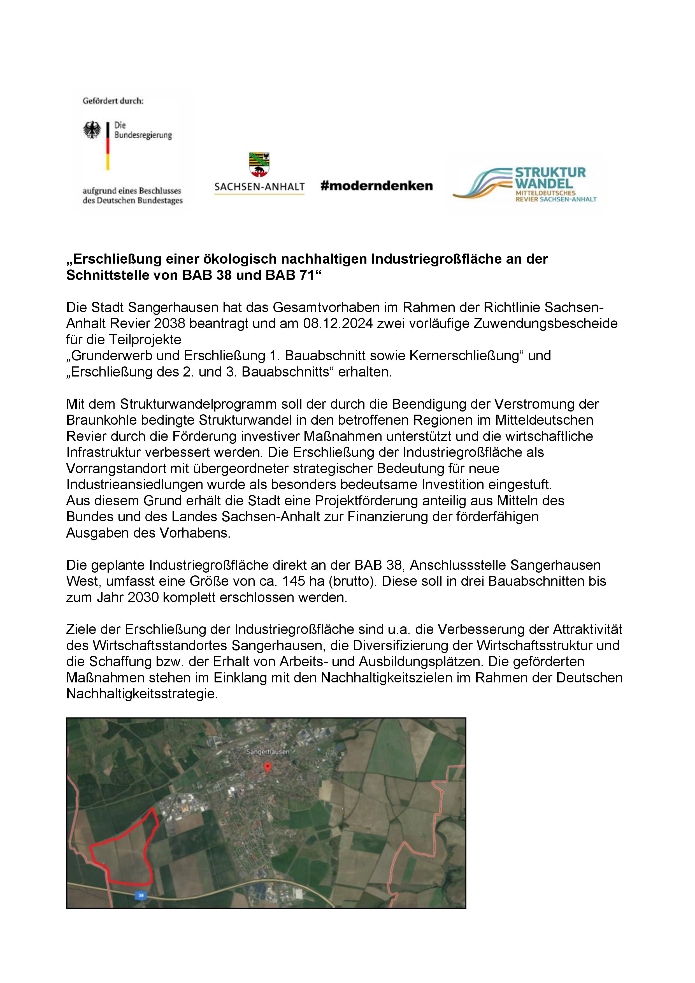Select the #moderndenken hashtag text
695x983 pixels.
coord(376,186)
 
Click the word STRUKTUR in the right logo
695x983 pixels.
coord(550,173)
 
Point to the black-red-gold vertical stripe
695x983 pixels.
coord(108,146)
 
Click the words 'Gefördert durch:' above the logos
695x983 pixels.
coord(113,101)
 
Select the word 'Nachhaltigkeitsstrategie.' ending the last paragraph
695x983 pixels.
coord(142,694)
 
